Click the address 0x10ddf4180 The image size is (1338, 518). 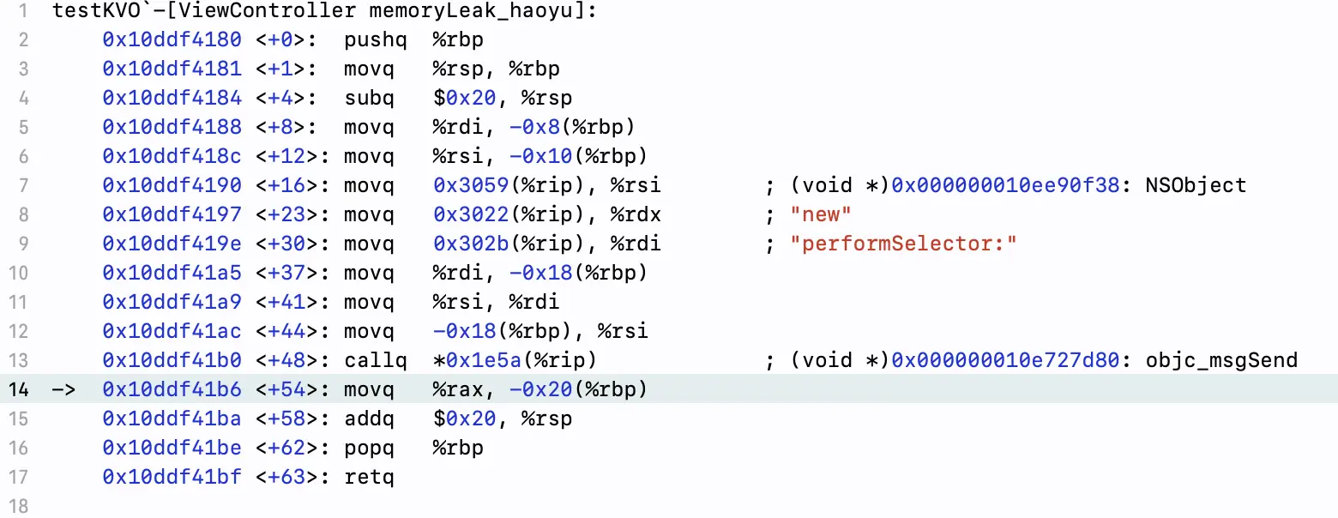[x=172, y=39]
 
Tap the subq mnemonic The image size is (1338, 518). [x=369, y=98]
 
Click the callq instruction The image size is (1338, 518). [x=375, y=360]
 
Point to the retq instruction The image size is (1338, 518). [x=369, y=477]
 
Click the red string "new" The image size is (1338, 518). [x=820, y=214]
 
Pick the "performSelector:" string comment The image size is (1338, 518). [x=903, y=244]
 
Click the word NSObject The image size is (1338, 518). [x=1196, y=185]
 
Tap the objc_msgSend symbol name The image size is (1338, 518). [x=1221, y=360]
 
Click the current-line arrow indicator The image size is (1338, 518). [x=63, y=389]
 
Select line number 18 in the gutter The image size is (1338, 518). [x=18, y=506]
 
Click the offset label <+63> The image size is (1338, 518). [x=286, y=477]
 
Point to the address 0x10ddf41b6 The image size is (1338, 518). [x=172, y=389]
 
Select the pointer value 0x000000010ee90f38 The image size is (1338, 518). [x=1005, y=185]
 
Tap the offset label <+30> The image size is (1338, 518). [x=286, y=244]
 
